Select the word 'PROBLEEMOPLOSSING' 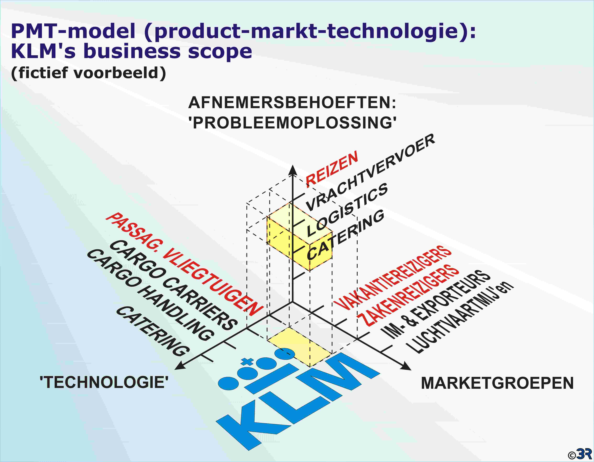pyautogui.click(x=292, y=123)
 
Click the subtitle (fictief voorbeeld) pyautogui.click(x=88, y=73)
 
